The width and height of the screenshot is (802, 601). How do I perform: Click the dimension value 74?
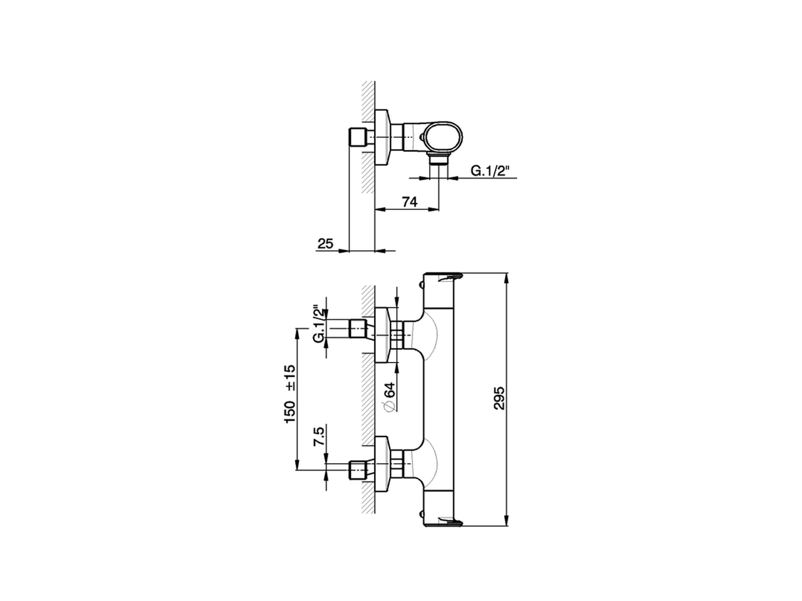(x=409, y=202)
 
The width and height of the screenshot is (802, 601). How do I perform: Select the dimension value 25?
(x=325, y=244)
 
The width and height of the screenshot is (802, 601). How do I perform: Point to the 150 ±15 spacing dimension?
(x=290, y=394)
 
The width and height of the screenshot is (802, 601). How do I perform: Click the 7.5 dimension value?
(x=319, y=436)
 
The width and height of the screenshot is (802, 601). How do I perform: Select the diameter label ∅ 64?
(x=388, y=397)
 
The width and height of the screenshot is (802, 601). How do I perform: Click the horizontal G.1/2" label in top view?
(x=489, y=170)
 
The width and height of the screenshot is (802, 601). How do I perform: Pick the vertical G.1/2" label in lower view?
(x=320, y=324)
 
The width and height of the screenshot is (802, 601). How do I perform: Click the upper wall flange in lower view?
(x=382, y=335)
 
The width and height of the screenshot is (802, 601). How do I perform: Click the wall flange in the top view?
(x=382, y=136)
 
